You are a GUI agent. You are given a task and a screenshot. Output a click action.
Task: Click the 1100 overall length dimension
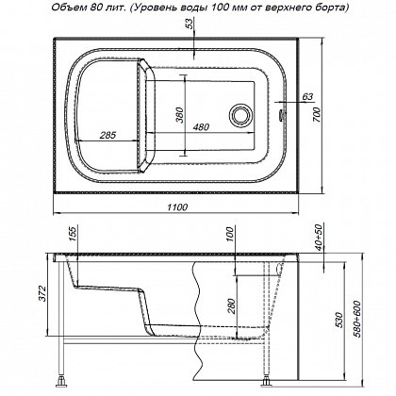click(x=177, y=207)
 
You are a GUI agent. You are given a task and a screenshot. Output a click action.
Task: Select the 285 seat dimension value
click(x=107, y=135)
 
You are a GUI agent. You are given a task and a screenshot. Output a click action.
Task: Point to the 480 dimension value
click(x=201, y=127)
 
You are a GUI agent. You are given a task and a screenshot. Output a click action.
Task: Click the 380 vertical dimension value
click(x=179, y=115)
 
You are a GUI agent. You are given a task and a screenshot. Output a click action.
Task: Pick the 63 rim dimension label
click(x=307, y=96)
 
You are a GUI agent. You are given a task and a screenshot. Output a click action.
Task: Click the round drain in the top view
click(x=240, y=114)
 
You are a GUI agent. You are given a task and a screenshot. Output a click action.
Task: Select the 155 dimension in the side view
click(x=73, y=235)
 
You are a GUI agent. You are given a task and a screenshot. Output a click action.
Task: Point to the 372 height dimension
click(x=42, y=293)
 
